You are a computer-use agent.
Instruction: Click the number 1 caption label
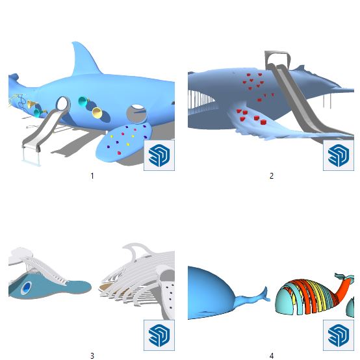pyautogui.click(x=92, y=176)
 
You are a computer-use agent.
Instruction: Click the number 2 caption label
pyautogui.click(x=272, y=176)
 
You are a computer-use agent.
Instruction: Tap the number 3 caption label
pyautogui.click(x=92, y=355)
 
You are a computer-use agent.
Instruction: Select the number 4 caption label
pyautogui.click(x=272, y=355)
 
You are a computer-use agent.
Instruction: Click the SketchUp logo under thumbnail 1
pyautogui.click(x=159, y=155)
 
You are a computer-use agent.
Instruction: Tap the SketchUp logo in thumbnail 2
pyautogui.click(x=339, y=155)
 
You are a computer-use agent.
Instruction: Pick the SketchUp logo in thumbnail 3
pyautogui.click(x=159, y=335)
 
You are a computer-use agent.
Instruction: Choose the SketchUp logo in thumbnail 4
pyautogui.click(x=339, y=335)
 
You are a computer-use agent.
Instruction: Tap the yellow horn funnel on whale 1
pyautogui.click(x=97, y=112)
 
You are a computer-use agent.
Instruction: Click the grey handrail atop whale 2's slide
pyautogui.click(x=277, y=57)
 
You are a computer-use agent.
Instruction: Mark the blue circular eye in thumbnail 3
pyautogui.click(x=27, y=287)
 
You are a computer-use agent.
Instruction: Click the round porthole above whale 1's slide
pyautogui.click(x=63, y=104)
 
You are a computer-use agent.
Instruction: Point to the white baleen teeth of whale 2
pyautogui.click(x=200, y=99)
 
